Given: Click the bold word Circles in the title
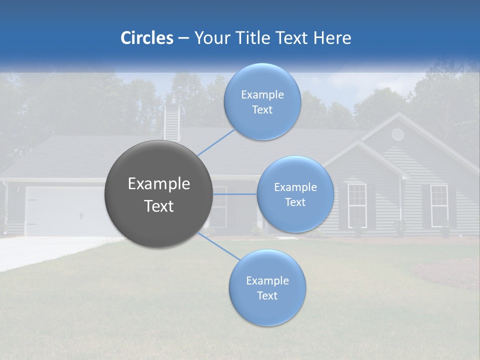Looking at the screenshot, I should coord(146,38).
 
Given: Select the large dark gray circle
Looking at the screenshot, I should coord(158,194).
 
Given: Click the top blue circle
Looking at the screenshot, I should coord(262,101).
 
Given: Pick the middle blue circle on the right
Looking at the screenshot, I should coord(295,194).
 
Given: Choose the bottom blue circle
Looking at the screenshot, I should coord(267,287).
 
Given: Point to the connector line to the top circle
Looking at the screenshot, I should coord(216,142).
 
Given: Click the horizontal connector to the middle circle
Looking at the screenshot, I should coord(234,194).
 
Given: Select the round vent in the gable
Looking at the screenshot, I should coord(397,134).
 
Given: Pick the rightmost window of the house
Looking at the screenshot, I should coord(439,202).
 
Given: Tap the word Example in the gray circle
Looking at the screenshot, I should coord(158,184).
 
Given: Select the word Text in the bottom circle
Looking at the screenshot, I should coord(267,295).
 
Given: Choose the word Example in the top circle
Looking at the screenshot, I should coord(262,95).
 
